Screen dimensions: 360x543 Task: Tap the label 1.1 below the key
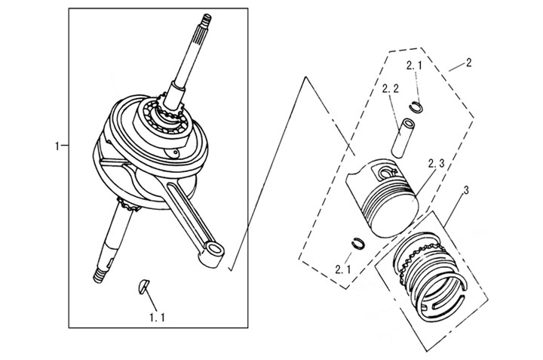click(156, 318)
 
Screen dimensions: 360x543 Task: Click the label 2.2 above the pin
click(390, 89)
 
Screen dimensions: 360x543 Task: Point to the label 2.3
click(437, 164)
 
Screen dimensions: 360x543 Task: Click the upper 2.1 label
click(414, 66)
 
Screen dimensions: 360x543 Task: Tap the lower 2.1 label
click(344, 269)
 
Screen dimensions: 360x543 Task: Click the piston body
click(383, 200)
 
